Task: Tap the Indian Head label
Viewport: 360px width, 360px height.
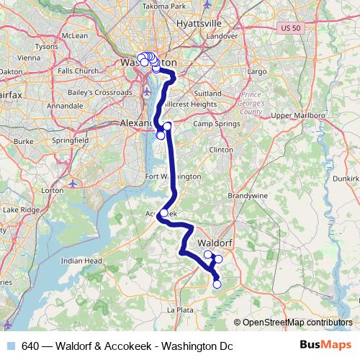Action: [81, 261]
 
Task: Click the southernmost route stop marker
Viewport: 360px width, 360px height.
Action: [217, 284]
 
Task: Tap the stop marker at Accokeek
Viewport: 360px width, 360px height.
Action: [164, 212]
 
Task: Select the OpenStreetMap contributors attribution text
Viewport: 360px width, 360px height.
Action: [298, 323]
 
